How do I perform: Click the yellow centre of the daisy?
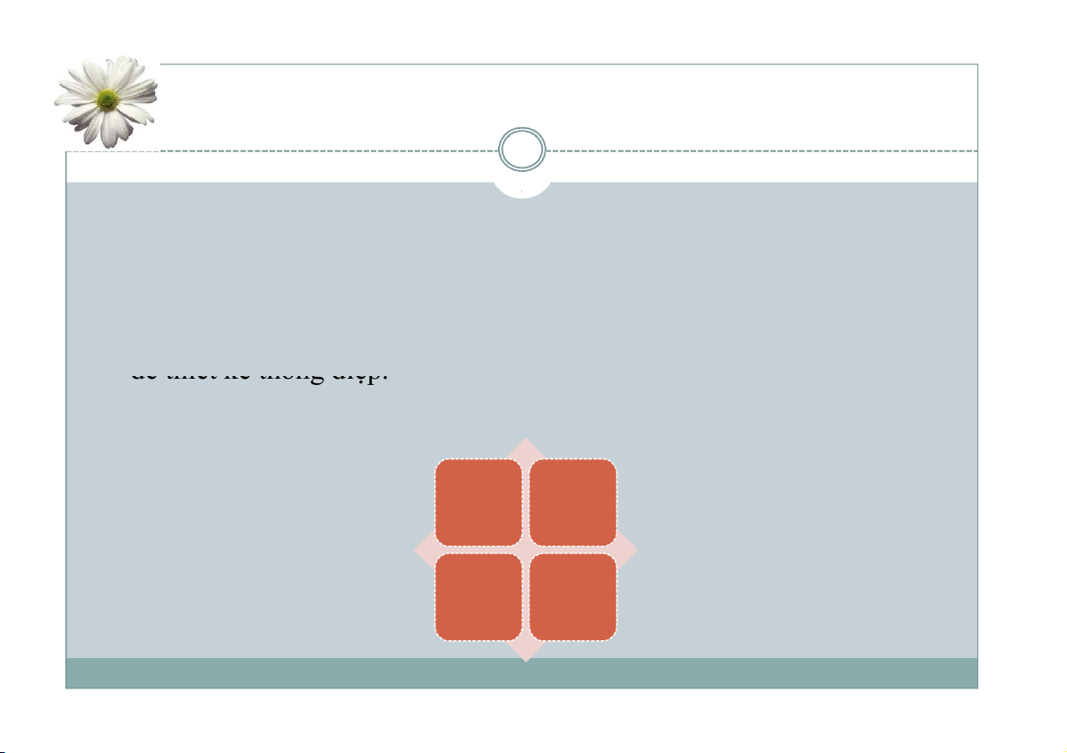coord(108,98)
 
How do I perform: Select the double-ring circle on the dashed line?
coord(522,150)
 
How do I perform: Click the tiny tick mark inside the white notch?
coord(521,191)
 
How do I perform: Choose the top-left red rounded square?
coord(478,502)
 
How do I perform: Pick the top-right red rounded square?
coord(573,502)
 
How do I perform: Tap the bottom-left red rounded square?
coord(478,597)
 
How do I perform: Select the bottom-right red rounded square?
coord(573,597)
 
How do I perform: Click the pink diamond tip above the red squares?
coord(526,448)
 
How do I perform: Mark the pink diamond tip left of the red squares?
coord(424,550)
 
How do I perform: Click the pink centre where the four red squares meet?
coord(526,550)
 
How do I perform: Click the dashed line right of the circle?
coord(762,150)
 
